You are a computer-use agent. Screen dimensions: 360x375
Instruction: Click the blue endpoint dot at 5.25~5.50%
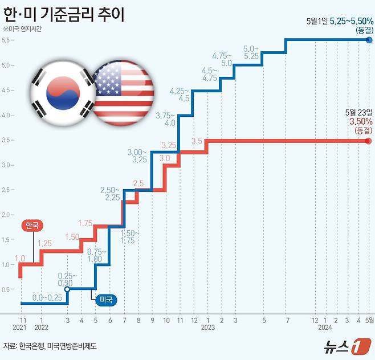coord(368,39)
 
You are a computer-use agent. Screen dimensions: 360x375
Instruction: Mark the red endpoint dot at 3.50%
coord(368,141)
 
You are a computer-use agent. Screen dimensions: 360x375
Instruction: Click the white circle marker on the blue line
coord(67,289)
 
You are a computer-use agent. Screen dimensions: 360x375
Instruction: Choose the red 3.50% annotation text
coord(361,121)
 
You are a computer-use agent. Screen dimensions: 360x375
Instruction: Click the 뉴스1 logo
coord(342,345)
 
